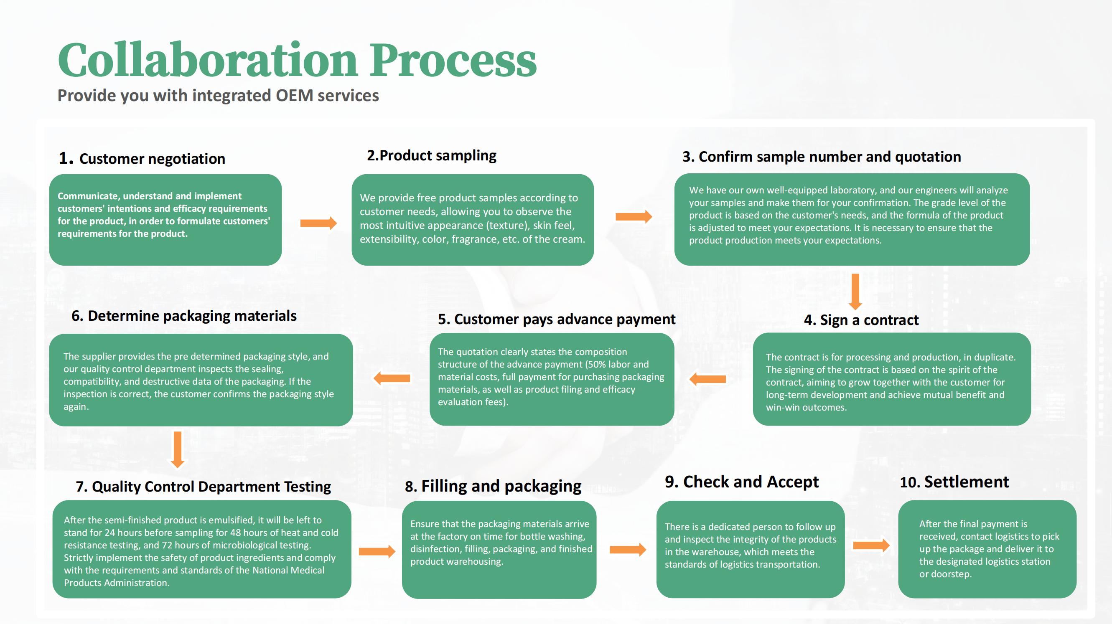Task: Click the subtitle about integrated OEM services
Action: (x=218, y=96)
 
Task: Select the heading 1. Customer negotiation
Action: (x=142, y=158)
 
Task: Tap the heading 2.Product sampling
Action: (x=432, y=155)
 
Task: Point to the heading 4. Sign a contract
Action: (x=861, y=320)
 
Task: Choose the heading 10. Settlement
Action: (x=954, y=482)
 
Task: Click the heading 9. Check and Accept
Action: (x=742, y=482)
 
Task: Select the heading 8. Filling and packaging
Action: (x=493, y=486)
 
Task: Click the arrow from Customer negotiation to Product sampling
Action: (x=318, y=223)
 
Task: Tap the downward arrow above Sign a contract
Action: (x=855, y=292)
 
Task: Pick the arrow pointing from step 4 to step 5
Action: (x=707, y=379)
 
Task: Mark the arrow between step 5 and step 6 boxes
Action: (x=392, y=378)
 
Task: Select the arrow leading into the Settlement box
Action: (x=872, y=545)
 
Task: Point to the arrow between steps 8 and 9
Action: (x=628, y=550)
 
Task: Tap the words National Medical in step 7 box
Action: (x=288, y=571)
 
